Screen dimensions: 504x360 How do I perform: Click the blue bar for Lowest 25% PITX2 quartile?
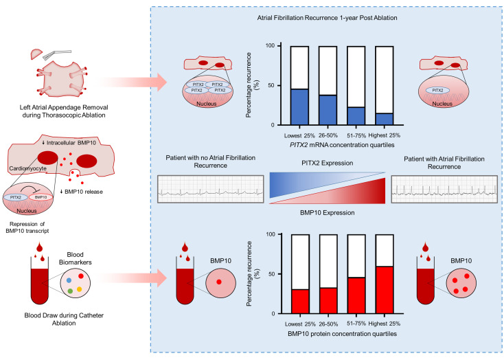(x=299, y=106)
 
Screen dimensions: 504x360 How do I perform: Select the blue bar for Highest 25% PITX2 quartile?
(x=385, y=119)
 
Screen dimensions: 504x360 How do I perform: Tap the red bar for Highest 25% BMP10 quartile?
(x=385, y=290)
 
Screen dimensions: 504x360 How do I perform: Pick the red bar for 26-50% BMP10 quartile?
(x=328, y=300)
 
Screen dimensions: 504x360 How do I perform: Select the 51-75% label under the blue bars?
(x=356, y=135)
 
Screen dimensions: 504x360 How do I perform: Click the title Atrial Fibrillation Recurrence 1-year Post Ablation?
(x=327, y=18)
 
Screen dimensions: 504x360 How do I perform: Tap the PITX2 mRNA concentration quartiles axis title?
(x=342, y=145)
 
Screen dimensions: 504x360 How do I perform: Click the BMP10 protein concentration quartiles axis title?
(x=342, y=334)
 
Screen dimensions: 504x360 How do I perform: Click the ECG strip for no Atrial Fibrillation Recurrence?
(x=211, y=189)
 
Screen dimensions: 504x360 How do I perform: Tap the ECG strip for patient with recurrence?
(x=444, y=189)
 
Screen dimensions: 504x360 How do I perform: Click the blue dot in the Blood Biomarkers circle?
(x=69, y=280)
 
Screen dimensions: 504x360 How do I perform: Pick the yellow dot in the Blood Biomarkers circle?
(x=80, y=289)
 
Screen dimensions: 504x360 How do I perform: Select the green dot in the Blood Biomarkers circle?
(x=70, y=291)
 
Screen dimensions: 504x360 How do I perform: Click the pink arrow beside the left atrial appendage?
(x=132, y=82)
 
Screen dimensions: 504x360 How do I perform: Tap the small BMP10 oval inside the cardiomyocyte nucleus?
(x=41, y=197)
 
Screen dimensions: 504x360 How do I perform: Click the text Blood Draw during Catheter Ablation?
(x=64, y=319)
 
